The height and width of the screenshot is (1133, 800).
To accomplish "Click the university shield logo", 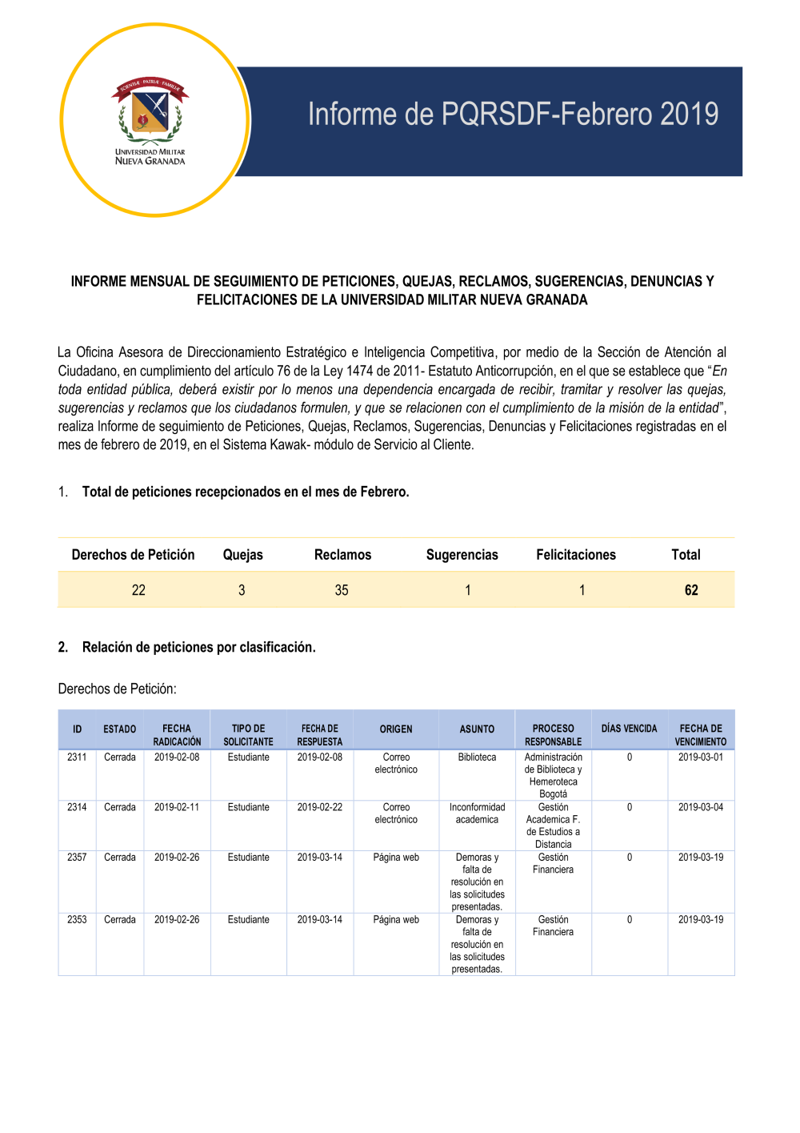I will pos(150,109).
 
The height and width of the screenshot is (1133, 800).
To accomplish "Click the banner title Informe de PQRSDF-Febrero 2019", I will pos(513,115).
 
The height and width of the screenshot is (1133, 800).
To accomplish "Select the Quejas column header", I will pos(242,555).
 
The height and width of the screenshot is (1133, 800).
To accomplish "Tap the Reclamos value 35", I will pos(342,590).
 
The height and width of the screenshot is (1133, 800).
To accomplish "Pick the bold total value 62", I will pos(691,590).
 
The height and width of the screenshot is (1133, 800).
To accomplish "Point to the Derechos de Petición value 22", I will pos(138,590).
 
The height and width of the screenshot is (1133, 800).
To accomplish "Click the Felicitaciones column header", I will pos(576,555).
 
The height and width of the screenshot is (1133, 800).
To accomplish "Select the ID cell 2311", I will pos(77,757).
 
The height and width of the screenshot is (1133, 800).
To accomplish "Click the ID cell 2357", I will pos(77,858).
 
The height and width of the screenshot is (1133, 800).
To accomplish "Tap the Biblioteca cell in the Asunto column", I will pos(477,757).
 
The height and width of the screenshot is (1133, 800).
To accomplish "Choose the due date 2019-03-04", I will pos(701,807).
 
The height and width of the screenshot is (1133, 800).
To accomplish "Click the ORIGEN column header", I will pos(396,729).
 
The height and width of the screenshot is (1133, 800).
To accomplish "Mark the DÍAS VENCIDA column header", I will pos(630,729).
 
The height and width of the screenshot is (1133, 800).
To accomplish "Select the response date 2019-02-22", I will pos(320,807).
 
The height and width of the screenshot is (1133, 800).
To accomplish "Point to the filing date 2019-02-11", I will pos(177,807).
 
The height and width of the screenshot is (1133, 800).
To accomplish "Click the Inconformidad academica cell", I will pos(477,814).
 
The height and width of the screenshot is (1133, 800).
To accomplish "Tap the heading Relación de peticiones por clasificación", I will pos(198,647).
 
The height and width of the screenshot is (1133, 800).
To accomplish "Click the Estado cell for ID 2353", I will pos(120,920).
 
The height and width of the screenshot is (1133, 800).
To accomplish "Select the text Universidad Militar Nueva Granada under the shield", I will pos(150,156).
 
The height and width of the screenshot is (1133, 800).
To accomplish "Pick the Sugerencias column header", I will pos(462,555).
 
